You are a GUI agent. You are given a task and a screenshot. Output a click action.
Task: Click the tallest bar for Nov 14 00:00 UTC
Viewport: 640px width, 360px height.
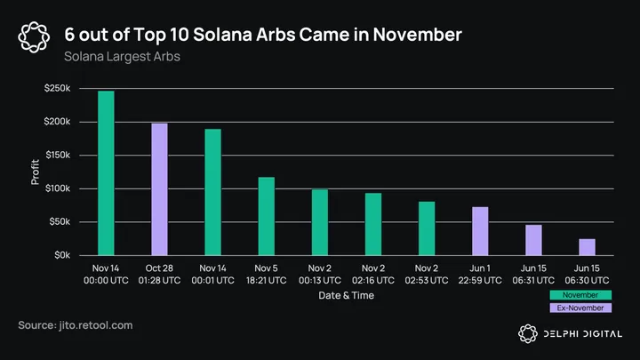[106, 172]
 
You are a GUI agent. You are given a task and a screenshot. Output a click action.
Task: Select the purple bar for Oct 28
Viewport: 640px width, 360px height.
[159, 188]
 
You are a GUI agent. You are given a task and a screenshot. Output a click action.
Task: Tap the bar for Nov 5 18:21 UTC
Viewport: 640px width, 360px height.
[266, 216]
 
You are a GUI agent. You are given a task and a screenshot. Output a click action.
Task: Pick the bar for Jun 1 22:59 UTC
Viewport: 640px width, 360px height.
[480, 230]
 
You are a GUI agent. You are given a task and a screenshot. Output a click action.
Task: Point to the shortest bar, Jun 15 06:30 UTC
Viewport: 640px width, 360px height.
[587, 246]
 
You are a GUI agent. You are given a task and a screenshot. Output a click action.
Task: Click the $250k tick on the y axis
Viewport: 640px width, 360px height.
[58, 89]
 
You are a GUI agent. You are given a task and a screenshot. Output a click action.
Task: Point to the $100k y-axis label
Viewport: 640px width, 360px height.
[58, 188]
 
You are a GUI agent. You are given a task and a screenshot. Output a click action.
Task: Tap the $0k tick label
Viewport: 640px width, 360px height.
[62, 255]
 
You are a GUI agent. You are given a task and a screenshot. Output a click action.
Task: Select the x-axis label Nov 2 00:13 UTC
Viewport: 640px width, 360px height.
[320, 273]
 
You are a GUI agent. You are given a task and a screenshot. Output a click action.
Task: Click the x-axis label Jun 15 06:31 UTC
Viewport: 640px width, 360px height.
[533, 273]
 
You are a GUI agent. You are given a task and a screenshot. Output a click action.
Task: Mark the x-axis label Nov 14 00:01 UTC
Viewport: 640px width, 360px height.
[212, 273]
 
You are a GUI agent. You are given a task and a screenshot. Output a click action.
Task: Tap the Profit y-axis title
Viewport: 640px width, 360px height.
[35, 172]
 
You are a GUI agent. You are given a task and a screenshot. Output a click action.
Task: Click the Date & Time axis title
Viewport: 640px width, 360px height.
[346, 295]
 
